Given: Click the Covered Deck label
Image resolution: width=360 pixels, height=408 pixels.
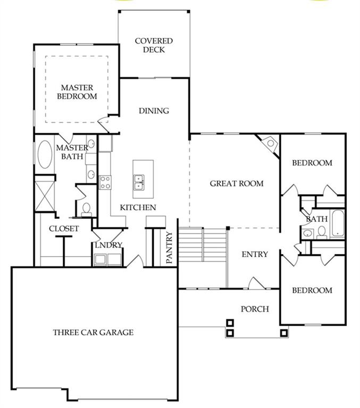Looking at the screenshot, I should coord(153,45).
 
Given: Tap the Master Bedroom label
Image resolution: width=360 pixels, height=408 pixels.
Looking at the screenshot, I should coord(77,92).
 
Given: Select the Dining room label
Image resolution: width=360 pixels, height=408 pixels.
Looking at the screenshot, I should coord(154,111).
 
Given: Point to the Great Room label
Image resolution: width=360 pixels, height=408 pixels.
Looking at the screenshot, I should coord(237,184).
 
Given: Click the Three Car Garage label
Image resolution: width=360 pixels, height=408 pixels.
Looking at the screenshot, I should coord(93,333).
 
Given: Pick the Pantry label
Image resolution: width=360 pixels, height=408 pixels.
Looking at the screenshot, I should coord(170,248).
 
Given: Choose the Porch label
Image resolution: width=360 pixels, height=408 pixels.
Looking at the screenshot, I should coord(255,309).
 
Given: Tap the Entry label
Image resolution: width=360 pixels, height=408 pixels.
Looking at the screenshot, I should coord(255,254).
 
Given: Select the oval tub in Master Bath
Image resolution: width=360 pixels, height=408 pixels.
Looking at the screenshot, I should coord(44,155).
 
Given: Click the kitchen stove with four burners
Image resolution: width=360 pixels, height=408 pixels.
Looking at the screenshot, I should coord(105,182).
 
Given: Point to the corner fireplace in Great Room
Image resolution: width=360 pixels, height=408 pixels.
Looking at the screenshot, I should coord(270,144).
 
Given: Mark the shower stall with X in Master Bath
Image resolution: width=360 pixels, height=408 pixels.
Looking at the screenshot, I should coord(44,193).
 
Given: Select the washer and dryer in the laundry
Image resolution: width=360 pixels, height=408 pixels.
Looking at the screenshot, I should coord(108,260).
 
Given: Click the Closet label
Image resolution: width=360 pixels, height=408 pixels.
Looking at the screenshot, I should coord(64,228).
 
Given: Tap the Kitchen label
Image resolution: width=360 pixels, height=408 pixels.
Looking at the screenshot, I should coord(138,207).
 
